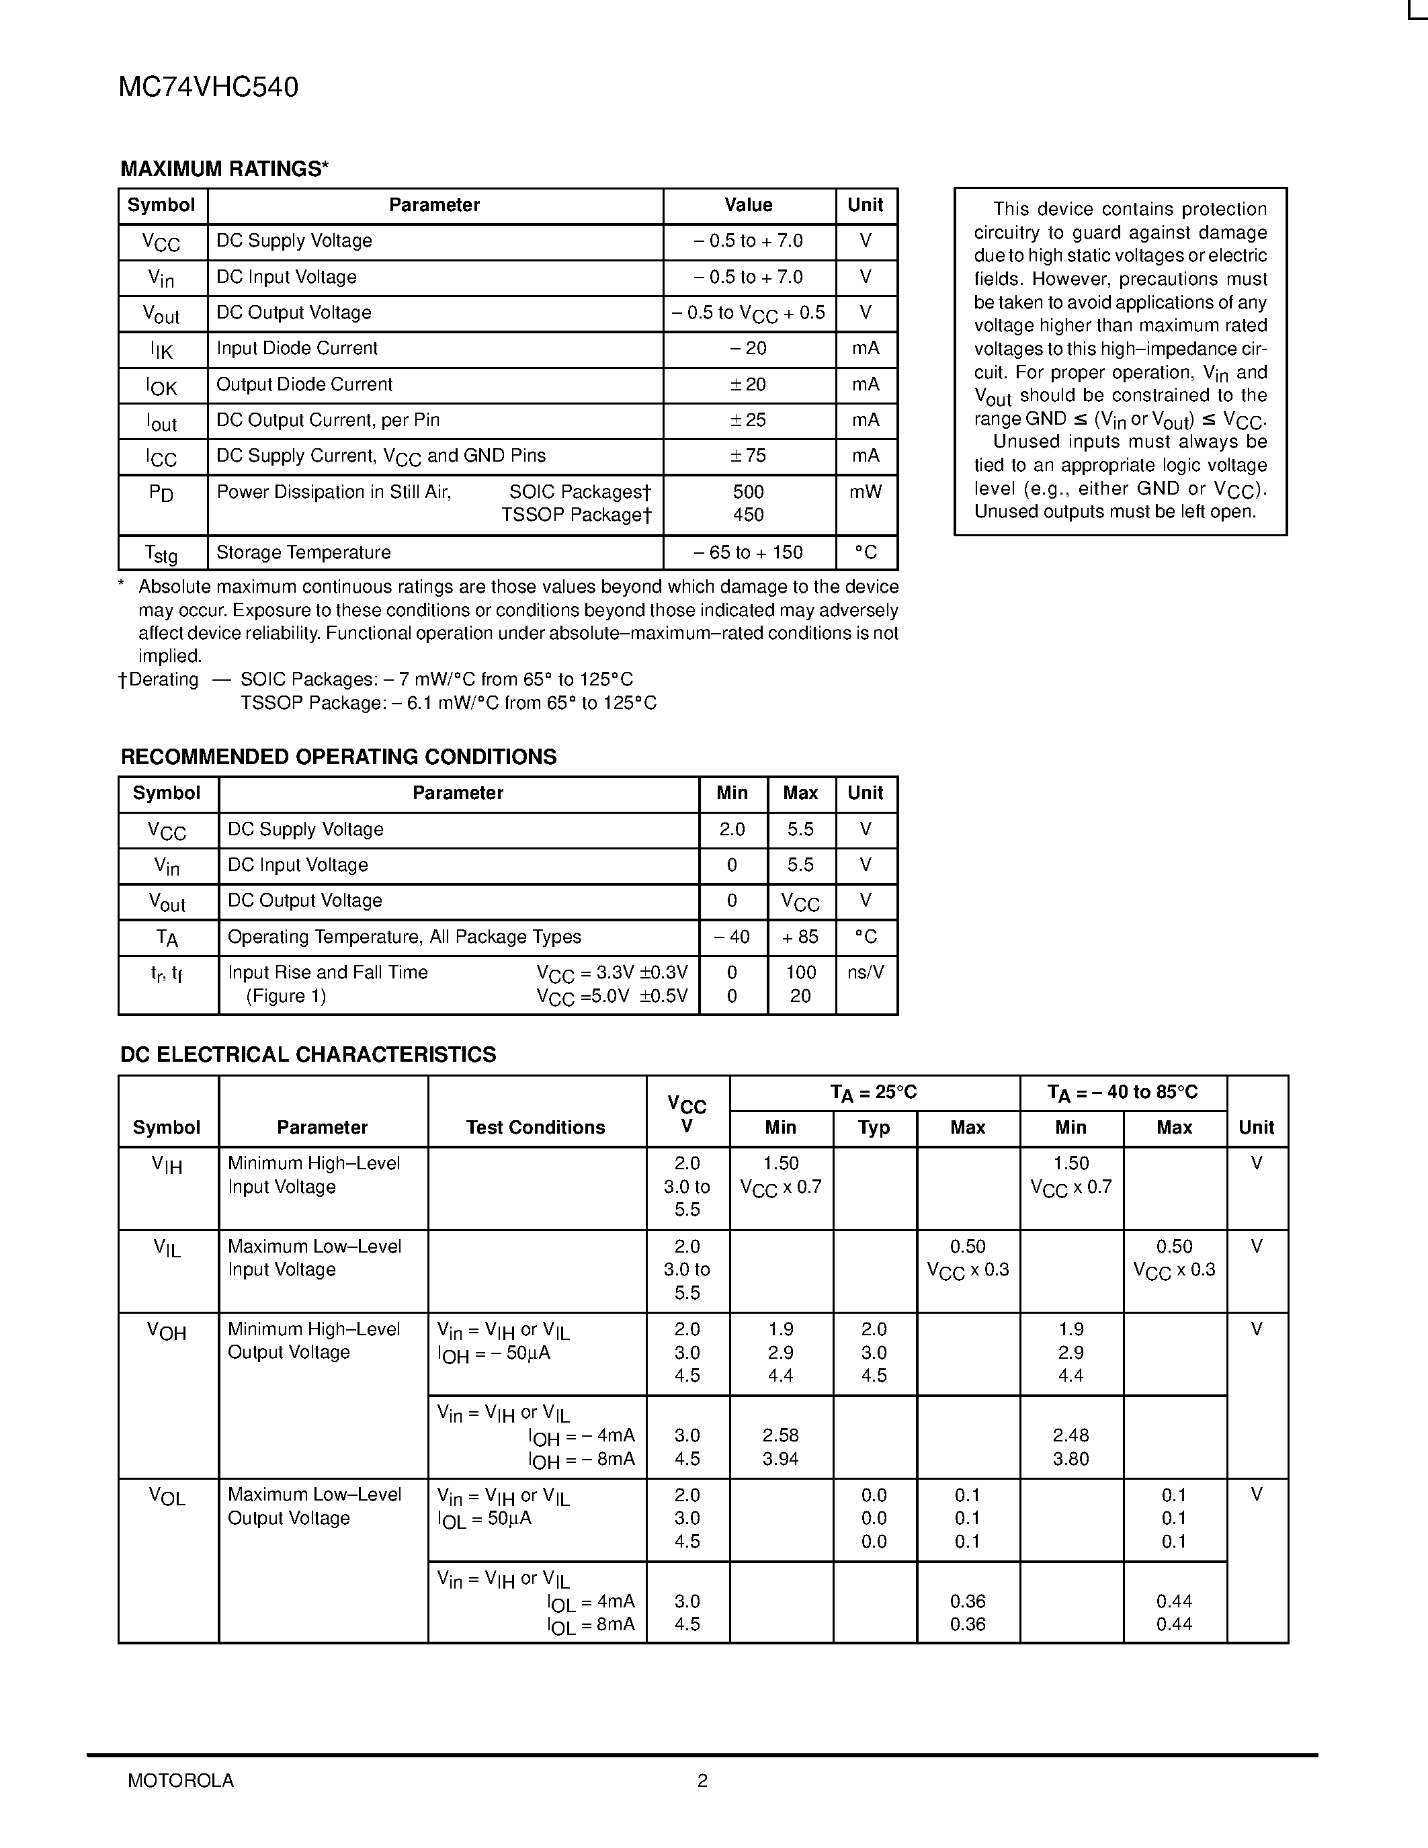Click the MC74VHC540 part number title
tap(208, 88)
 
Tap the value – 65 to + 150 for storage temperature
tap(748, 552)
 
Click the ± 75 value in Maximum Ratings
tap(748, 456)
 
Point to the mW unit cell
tap(866, 493)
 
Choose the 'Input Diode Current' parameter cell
tap(297, 349)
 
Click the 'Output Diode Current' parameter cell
tap(304, 385)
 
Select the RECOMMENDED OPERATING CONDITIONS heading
tap(339, 757)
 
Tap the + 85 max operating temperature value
tap(800, 937)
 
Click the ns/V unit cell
tap(866, 973)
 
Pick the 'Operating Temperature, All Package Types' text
tap(405, 937)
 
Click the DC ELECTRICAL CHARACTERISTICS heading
tap(308, 1055)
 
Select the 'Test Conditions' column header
tap(536, 1128)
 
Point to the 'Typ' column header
tap(874, 1128)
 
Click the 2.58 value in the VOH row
tap(780, 1436)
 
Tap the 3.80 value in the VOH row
tap(1070, 1460)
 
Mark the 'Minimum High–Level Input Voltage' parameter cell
tap(314, 1175)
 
